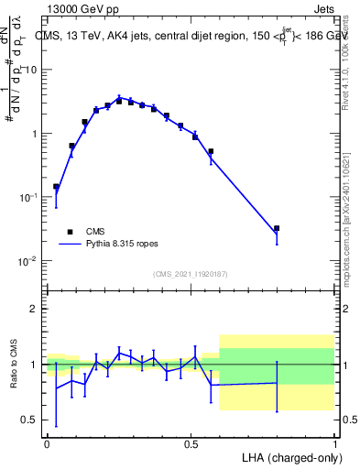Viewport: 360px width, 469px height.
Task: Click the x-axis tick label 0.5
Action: point(191,442)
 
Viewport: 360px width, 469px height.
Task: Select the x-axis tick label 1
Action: point(334,442)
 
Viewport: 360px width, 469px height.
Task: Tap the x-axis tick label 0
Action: point(47,442)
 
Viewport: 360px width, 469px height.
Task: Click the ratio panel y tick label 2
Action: point(34,309)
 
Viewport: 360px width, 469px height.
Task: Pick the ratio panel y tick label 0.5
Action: point(28,420)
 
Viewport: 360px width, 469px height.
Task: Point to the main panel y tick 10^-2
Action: point(28,261)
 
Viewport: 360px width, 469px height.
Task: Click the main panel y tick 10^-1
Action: point(28,197)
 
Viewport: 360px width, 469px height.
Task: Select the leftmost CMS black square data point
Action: point(56,187)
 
